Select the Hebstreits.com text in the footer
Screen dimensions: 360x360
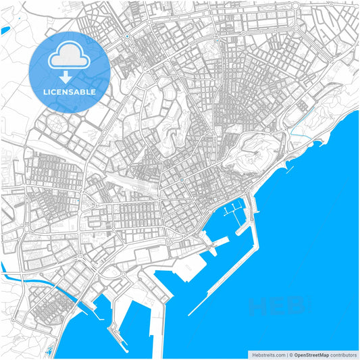click(268, 354)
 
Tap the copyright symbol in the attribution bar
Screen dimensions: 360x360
click(290, 354)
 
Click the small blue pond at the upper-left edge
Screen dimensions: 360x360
click(5, 30)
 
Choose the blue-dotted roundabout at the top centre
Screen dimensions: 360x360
click(127, 35)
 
